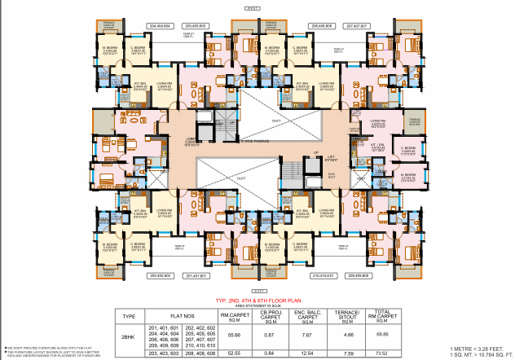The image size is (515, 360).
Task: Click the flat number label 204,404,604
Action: point(161,26)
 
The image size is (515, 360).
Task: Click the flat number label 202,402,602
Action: point(161,276)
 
